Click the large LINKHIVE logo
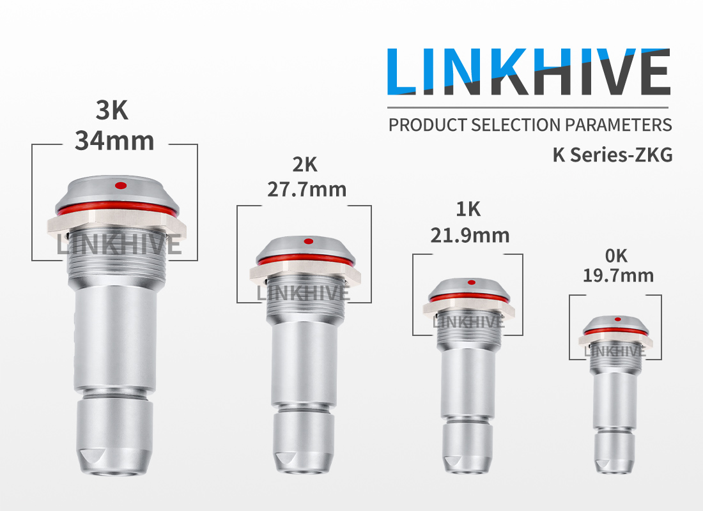pyautogui.click(x=529, y=72)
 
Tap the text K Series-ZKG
pyautogui.click(x=612, y=155)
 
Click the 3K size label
pyautogui.click(x=112, y=111)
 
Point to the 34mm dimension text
pyautogui.click(x=114, y=141)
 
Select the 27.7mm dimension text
pyautogui.click(x=307, y=190)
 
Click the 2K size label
pyautogui.click(x=305, y=165)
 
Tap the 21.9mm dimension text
pyautogui.click(x=470, y=235)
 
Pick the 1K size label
pyautogui.click(x=468, y=210)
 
